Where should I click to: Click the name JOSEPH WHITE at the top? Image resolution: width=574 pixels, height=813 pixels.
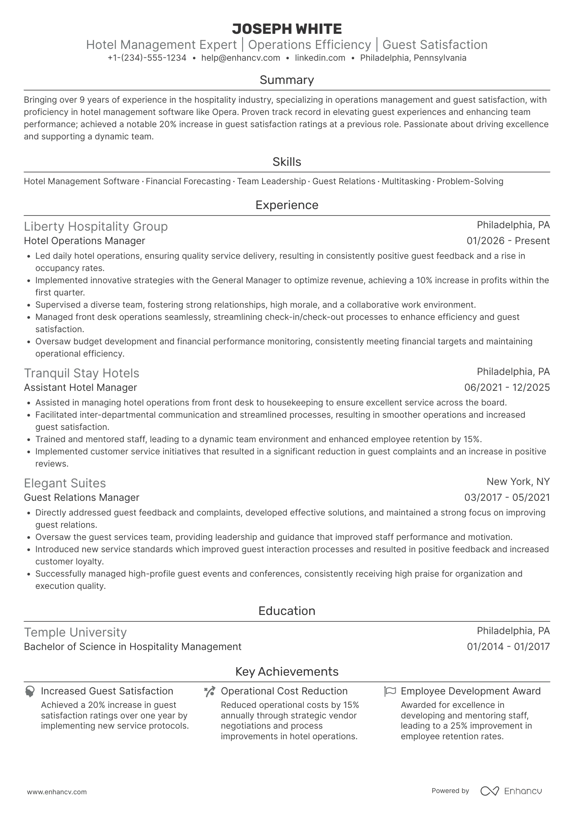[287, 29]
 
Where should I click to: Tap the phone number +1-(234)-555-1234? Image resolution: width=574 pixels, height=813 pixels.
[147, 58]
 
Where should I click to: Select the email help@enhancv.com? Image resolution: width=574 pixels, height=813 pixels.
[241, 58]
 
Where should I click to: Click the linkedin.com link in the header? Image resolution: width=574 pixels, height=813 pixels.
[320, 58]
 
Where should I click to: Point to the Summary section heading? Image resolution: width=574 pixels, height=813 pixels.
[287, 80]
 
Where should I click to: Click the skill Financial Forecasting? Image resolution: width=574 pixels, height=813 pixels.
[188, 181]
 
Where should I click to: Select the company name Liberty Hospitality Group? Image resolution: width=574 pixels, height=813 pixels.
[96, 226]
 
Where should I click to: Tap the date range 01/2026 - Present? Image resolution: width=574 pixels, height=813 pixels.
[508, 241]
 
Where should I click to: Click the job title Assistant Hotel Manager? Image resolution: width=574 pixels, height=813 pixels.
[80, 388]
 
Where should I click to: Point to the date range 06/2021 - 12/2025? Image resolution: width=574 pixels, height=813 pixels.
[507, 388]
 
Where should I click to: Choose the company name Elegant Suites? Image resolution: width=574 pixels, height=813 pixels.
[65, 483]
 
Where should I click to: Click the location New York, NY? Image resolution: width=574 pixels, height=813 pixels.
[518, 482]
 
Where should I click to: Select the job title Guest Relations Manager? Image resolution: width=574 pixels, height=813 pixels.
[81, 498]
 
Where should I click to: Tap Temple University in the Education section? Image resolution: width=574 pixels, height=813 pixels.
[75, 632]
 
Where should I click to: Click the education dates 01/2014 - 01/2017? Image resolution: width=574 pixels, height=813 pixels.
[508, 647]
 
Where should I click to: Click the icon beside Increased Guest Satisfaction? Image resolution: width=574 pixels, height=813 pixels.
[29, 692]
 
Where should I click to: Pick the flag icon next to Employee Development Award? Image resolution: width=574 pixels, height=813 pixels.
[390, 692]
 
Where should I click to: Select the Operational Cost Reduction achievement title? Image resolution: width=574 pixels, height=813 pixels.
[284, 691]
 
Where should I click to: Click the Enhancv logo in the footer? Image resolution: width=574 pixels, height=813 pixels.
[511, 791]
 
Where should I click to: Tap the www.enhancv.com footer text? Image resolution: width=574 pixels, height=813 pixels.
[57, 792]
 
